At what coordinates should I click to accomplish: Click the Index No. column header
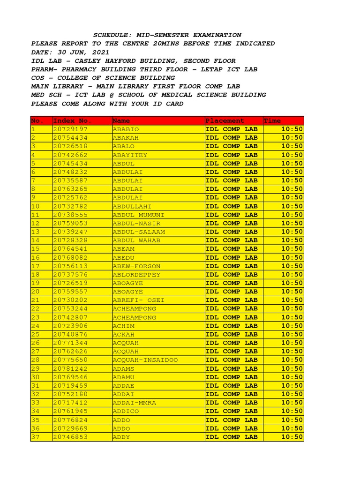73,121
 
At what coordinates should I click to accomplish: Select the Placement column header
225,121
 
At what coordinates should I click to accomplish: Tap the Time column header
272,121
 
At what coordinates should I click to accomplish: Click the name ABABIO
126,129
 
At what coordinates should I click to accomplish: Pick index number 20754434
71,138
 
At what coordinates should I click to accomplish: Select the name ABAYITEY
130,155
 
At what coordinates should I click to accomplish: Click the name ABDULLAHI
132,206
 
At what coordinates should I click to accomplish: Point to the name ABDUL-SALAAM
139,232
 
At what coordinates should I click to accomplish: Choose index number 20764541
71,249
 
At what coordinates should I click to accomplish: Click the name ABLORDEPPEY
136,275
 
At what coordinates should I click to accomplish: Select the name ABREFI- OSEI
138,300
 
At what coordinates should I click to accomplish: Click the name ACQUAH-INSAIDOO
145,360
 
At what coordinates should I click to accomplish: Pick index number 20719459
71,386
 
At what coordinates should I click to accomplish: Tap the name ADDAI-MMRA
134,403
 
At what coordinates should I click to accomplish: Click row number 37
35,437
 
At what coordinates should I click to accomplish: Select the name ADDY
121,437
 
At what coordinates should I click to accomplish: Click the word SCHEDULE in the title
112,35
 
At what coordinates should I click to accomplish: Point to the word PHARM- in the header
43,69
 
